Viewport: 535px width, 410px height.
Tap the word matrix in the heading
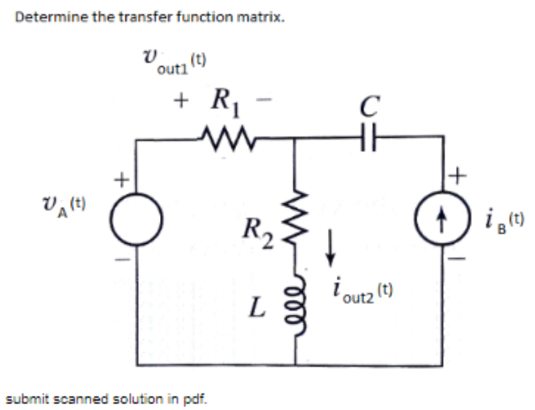[264, 17]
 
